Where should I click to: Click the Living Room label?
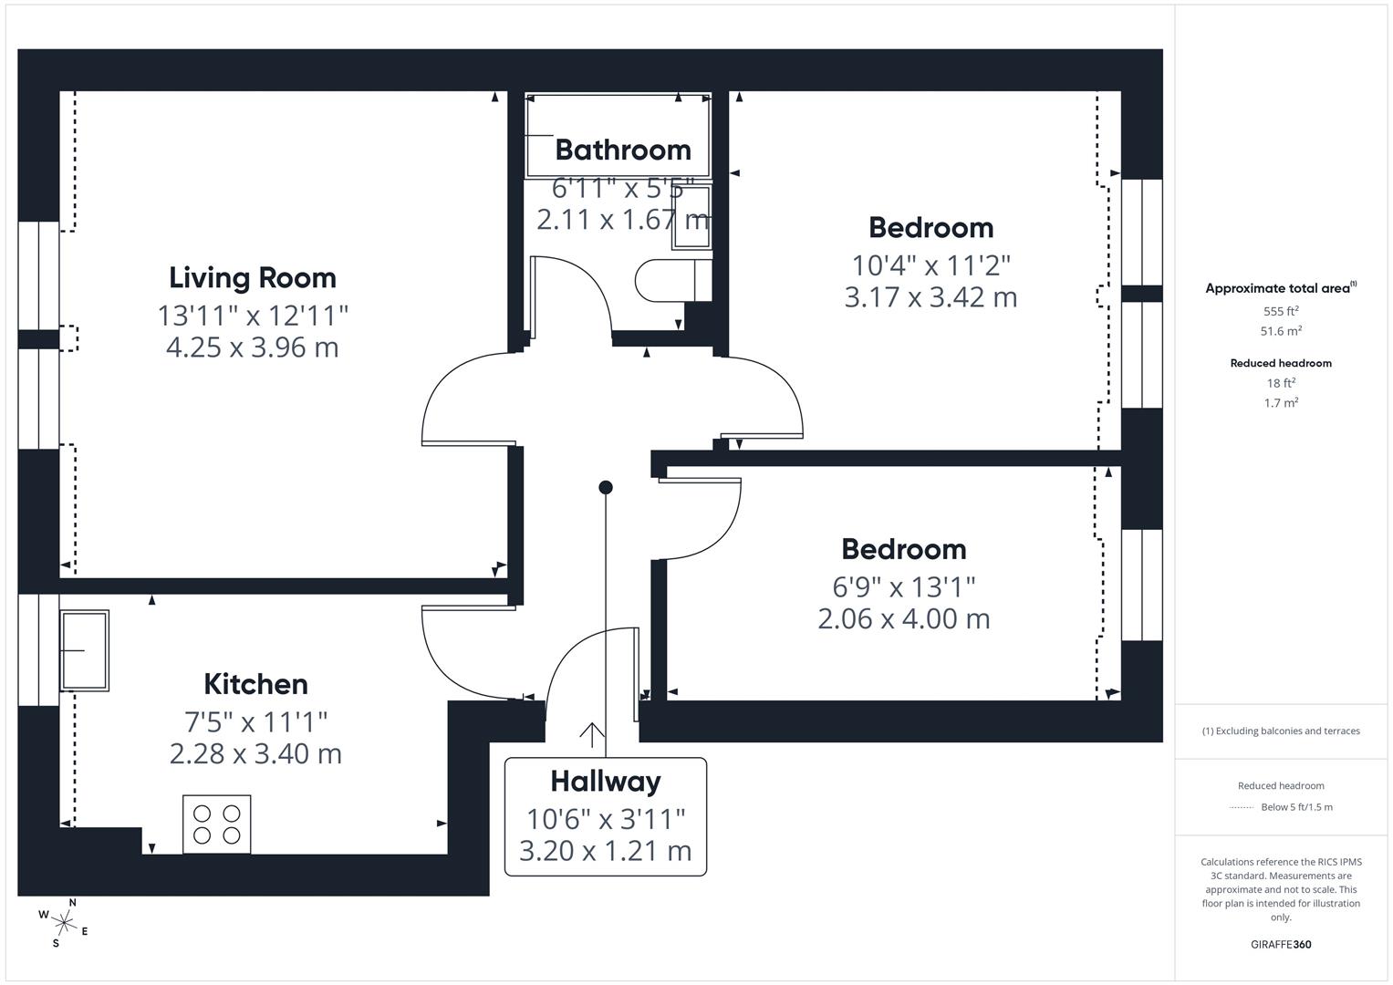point(253,277)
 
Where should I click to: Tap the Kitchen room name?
point(255,684)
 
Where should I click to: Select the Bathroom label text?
point(623,150)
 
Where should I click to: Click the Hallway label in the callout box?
point(605,782)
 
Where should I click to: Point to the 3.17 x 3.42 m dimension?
point(930,297)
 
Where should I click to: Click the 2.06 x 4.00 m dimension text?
point(903,619)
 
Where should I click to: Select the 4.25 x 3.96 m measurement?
point(253,347)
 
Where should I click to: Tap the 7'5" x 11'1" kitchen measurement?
point(255,721)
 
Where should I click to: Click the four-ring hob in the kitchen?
point(217,824)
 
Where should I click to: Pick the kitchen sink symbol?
point(85,650)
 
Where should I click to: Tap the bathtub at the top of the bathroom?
point(619,135)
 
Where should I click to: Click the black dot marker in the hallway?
point(606,487)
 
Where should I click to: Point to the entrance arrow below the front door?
point(592,733)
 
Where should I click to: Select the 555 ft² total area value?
point(1281,311)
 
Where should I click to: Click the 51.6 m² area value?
point(1281,331)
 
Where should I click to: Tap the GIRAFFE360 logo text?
point(1281,944)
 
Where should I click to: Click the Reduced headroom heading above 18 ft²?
point(1281,363)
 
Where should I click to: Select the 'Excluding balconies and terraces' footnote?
point(1281,731)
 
